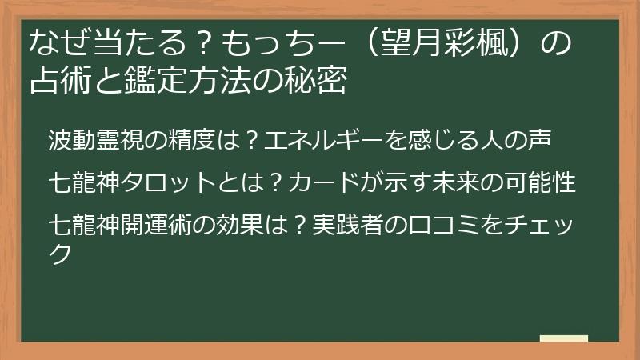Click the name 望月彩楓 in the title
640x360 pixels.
click(444, 43)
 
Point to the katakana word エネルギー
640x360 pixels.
click(323, 139)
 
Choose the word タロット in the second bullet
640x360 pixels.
click(168, 182)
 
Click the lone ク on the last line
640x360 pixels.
click(61, 254)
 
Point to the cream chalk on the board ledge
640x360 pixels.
click(564, 338)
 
